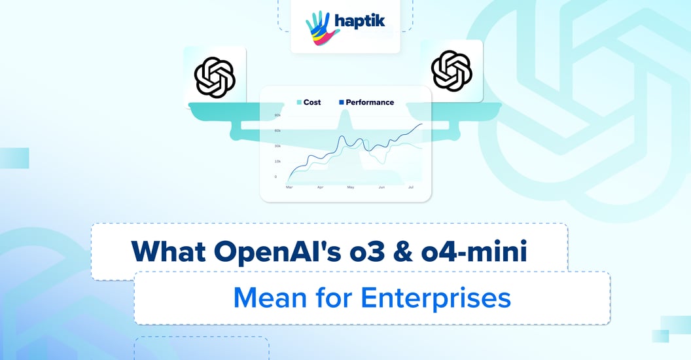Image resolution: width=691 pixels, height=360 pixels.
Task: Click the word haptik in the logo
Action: click(357, 22)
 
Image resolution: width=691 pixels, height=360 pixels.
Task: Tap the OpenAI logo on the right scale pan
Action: click(452, 70)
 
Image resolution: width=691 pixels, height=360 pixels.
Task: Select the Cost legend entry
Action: click(308, 102)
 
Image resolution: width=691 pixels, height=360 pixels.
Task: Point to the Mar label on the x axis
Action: click(289, 187)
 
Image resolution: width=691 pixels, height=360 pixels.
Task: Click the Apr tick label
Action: click(320, 187)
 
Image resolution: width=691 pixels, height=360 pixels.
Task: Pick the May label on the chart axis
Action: click(351, 187)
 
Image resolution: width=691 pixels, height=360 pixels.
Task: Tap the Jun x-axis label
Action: click(381, 187)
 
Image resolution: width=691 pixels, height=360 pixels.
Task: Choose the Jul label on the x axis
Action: click(411, 187)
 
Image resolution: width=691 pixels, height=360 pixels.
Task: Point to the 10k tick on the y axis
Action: click(277, 161)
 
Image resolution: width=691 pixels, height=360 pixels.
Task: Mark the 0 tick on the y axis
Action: click(275, 176)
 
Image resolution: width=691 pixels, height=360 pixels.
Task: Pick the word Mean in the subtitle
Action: click(270, 298)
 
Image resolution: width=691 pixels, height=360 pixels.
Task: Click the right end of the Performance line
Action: click(422, 124)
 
